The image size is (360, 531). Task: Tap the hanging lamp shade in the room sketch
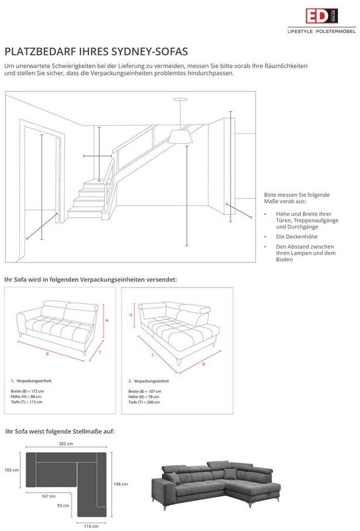181,136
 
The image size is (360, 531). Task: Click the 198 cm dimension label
120,484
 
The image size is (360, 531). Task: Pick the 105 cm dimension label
12,469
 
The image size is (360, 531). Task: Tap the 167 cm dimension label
48,496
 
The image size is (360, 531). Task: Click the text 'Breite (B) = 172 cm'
27,391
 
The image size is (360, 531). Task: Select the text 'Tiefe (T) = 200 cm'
144,402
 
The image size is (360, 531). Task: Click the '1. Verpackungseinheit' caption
31,380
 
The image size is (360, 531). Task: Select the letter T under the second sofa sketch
152,354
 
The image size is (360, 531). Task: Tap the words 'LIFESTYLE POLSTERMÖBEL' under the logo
322,31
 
